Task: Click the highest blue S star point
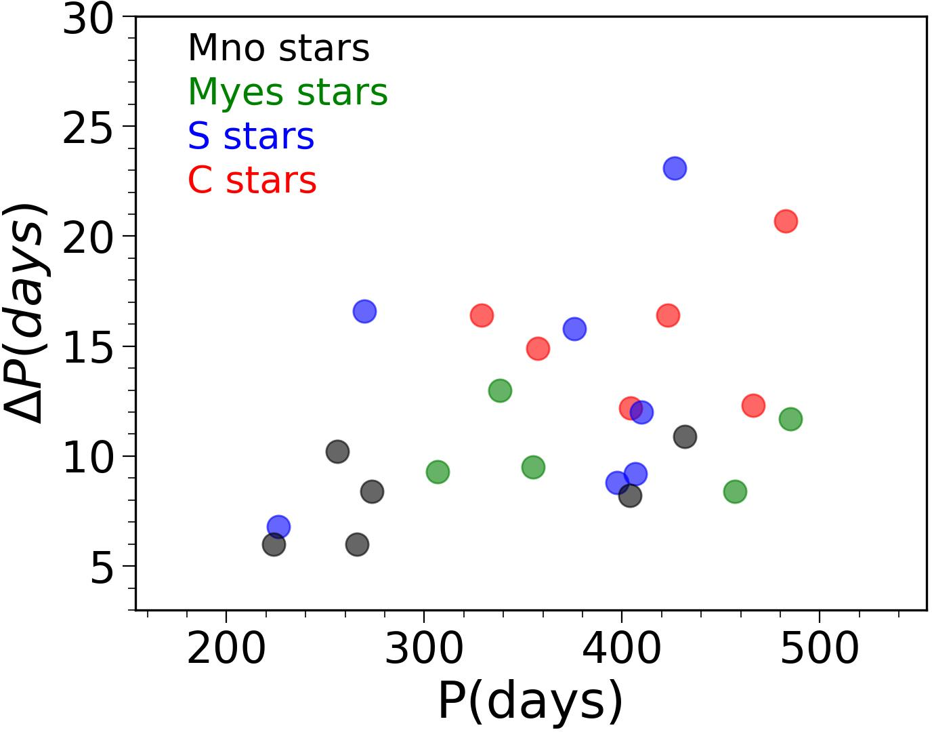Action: [675, 168]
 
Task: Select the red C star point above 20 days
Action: [786, 221]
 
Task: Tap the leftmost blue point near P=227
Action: [278, 527]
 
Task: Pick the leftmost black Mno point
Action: [274, 544]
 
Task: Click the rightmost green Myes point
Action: [790, 420]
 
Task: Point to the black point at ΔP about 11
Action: [685, 436]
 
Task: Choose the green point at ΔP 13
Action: [500, 390]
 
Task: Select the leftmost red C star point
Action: [482, 315]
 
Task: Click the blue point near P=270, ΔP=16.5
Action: [364, 312]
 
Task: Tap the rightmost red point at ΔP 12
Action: [753, 405]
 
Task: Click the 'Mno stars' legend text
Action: [278, 48]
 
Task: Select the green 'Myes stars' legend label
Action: [288, 92]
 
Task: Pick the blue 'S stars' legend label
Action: [251, 136]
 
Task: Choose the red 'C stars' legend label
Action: [252, 180]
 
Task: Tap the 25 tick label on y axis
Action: [87, 127]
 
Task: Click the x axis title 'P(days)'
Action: [530, 701]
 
